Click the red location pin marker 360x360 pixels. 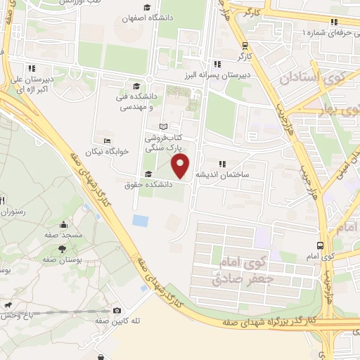(181, 166)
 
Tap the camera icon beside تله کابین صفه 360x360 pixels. (117, 310)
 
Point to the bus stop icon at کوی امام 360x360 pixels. (321, 245)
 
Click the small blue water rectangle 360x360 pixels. (141, 220)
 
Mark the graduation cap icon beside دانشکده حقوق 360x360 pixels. (148, 174)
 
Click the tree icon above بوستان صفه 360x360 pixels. (63, 248)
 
